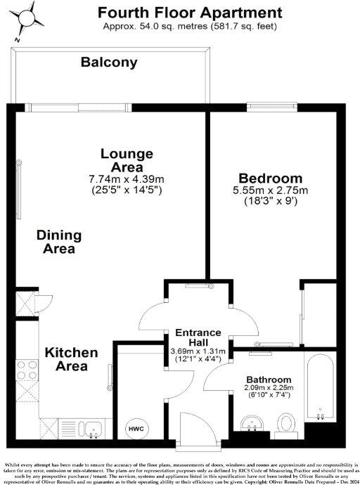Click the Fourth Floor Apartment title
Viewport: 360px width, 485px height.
point(190,12)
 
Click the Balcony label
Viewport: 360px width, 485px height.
point(109,63)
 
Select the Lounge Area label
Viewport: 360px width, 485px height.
point(127,160)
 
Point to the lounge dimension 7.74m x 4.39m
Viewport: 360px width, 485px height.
point(127,179)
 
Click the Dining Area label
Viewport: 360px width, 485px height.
point(59,242)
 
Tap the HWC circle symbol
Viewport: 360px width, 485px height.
point(135,427)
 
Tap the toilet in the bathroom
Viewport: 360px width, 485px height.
point(285,424)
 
